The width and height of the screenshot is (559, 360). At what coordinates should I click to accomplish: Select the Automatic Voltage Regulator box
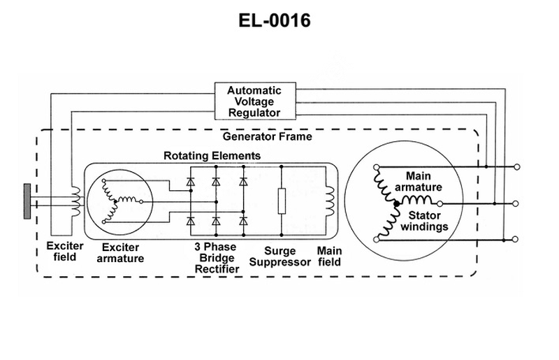click(254, 101)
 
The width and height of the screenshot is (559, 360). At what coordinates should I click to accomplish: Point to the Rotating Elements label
click(212, 154)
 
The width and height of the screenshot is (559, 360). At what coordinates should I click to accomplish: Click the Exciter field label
click(64, 252)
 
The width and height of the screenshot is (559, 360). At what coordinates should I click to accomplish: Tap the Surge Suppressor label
click(280, 257)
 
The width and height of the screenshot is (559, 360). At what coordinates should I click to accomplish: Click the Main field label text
click(329, 257)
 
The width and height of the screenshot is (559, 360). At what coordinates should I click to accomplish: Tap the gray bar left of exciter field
click(27, 201)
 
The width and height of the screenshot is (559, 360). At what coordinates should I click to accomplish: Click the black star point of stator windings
click(396, 203)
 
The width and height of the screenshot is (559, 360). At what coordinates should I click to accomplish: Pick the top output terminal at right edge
click(518, 166)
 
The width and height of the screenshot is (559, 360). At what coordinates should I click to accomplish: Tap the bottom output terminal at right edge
click(518, 239)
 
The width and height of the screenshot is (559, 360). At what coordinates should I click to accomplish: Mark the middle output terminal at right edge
click(518, 203)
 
